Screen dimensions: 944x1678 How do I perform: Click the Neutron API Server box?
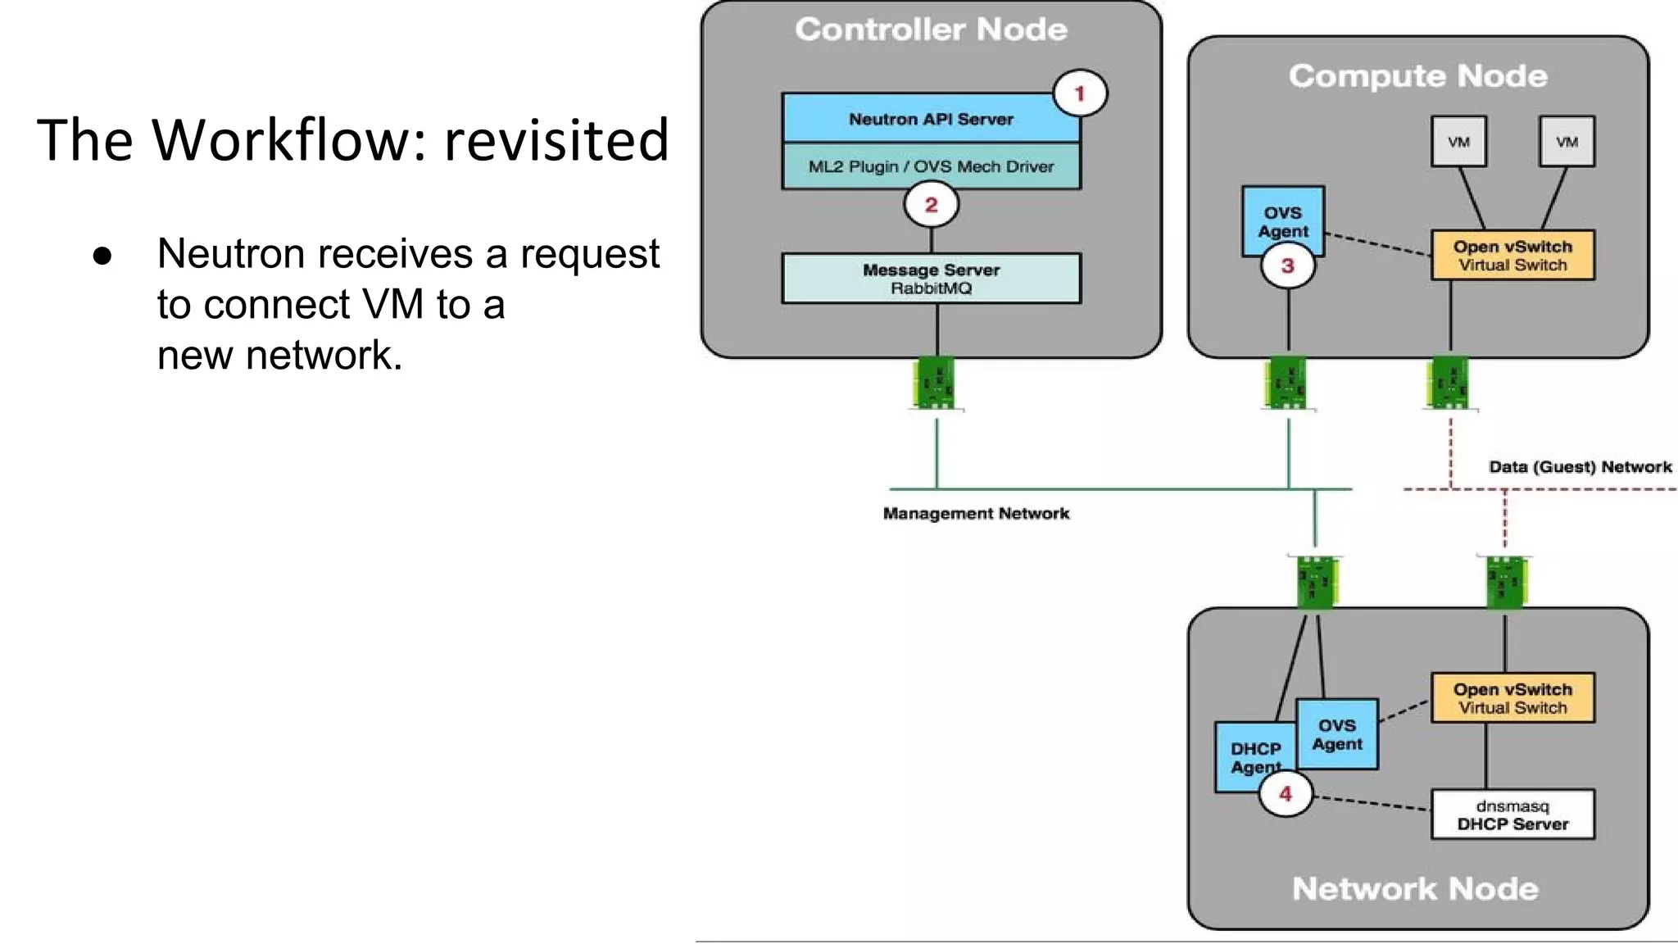tap(930, 119)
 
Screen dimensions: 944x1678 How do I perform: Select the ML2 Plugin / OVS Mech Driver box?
tap(930, 166)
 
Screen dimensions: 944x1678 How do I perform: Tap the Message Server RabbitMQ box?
tap(930, 279)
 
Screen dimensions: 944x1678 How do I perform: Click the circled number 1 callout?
tap(1079, 93)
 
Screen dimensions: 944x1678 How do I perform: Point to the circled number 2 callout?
tap(931, 205)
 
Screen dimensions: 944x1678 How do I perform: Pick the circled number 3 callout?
tap(1287, 266)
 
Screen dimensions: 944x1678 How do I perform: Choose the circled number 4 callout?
tap(1285, 793)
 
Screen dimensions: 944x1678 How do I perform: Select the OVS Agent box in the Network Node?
tap(1336, 734)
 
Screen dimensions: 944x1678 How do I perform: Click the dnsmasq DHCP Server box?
tap(1512, 815)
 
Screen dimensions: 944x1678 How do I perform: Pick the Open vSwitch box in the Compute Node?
tap(1512, 256)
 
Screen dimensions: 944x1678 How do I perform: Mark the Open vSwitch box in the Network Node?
tap(1512, 698)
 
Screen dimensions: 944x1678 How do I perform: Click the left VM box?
tap(1458, 142)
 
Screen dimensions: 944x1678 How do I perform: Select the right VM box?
tap(1567, 142)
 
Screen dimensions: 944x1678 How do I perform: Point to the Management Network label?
tap(976, 514)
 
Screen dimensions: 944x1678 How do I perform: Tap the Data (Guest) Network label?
tap(1579, 467)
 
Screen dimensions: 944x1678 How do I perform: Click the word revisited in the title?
tap(556, 139)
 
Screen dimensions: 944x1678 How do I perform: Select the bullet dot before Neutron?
tap(102, 255)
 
